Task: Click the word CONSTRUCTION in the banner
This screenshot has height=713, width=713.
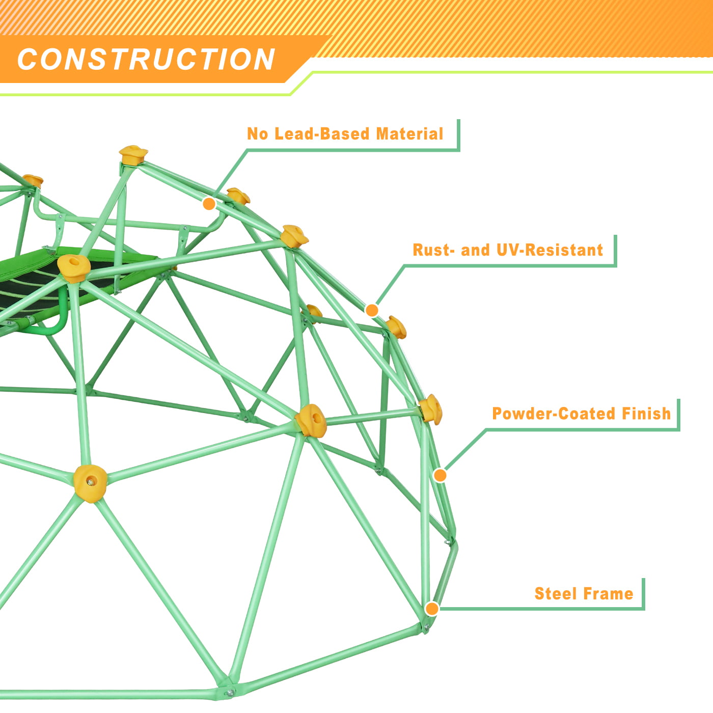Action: tap(146, 59)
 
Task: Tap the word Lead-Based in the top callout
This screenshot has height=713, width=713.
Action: tap(322, 133)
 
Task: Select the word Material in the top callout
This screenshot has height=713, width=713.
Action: tap(409, 133)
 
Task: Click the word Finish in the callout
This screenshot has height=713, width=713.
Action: tap(646, 414)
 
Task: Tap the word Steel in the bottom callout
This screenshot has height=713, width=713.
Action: tap(556, 594)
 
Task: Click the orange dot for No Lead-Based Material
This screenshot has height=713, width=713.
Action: tap(209, 204)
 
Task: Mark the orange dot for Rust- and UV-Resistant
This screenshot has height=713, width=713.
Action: tap(372, 310)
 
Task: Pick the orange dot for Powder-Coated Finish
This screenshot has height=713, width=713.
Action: tap(440, 475)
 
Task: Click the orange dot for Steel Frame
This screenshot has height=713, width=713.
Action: tap(432, 609)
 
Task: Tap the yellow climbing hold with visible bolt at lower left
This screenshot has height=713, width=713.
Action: tap(90, 482)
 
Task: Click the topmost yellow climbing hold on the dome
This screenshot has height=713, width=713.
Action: tap(133, 155)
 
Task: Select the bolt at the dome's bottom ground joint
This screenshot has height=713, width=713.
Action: tap(231, 692)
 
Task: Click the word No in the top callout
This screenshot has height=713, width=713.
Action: tap(257, 133)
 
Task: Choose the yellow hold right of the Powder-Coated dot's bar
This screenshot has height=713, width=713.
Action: tap(431, 409)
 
